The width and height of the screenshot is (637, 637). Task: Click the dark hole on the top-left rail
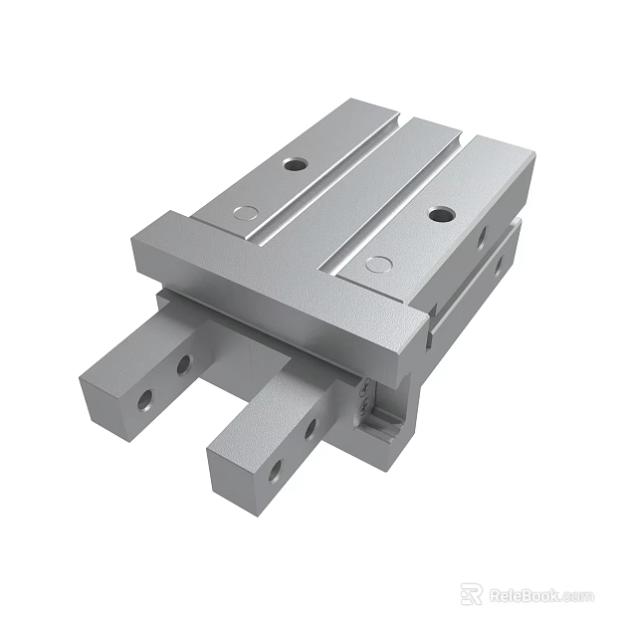tap(294, 162)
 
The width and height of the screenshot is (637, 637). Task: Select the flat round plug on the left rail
tap(244, 211)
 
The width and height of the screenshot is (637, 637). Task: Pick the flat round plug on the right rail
tap(376, 264)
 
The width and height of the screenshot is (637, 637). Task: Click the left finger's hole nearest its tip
tap(146, 399)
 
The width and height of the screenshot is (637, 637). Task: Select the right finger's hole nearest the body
tap(310, 430)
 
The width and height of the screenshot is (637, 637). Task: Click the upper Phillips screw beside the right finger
tap(366, 387)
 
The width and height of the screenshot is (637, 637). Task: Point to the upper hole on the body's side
tap(481, 237)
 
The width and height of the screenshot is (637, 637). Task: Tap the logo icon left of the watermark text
tap(472, 594)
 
